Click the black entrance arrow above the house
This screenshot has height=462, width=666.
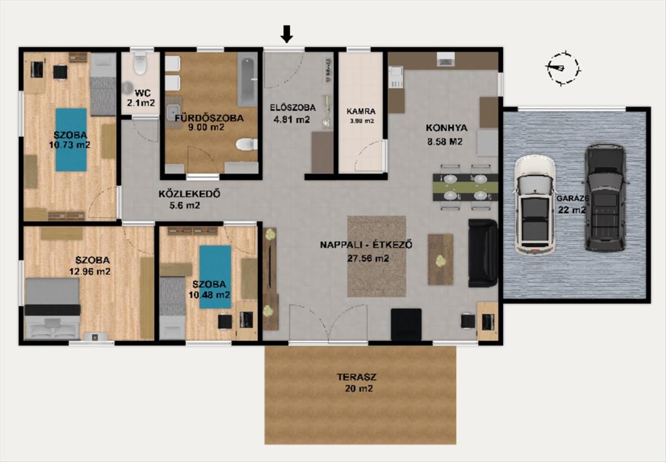287,34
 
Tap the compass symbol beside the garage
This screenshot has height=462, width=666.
563,69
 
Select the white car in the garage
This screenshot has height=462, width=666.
534,205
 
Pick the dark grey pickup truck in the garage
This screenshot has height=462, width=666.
606,198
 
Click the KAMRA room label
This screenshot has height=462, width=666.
361,111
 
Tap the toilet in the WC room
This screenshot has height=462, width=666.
140,63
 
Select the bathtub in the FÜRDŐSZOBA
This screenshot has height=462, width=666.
248,80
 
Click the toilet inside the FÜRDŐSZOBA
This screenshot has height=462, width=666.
246,144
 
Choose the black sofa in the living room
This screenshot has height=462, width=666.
483,253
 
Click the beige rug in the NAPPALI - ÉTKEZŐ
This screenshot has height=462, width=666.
377,256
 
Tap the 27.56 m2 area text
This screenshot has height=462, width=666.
368,258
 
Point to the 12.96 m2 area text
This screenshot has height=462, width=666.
89,271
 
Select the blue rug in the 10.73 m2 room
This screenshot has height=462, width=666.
71,140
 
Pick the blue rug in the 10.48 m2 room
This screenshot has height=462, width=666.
215,277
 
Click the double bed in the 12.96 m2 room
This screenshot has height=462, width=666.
52,309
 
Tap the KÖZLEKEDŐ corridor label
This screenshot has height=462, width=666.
189,194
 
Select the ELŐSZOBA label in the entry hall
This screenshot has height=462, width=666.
292,108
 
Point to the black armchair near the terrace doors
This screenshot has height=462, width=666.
406,324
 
